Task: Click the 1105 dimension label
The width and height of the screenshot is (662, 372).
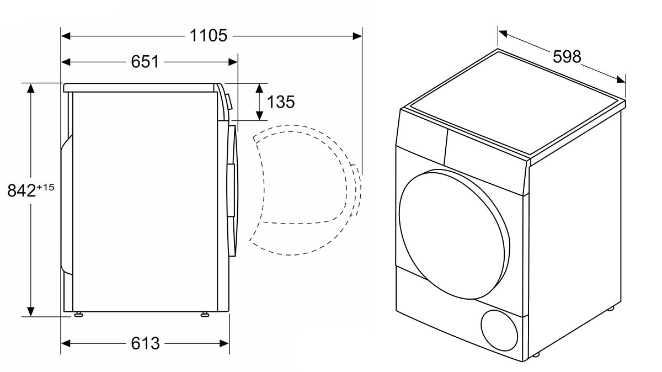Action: pyautogui.click(x=208, y=36)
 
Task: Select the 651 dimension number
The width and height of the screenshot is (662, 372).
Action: pyautogui.click(x=145, y=62)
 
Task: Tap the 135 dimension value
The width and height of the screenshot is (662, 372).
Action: pyautogui.click(x=281, y=102)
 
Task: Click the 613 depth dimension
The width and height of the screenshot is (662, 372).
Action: pyautogui.click(x=145, y=343)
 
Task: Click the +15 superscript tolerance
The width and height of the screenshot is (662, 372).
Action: pyautogui.click(x=46, y=188)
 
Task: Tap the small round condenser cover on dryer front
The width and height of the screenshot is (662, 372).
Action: pyautogui.click(x=500, y=331)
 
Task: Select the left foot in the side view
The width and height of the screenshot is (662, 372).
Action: pyautogui.click(x=78, y=315)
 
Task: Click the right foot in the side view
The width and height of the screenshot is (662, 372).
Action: pyautogui.click(x=205, y=315)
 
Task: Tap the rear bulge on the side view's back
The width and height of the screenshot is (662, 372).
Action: pyautogui.click(x=66, y=204)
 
